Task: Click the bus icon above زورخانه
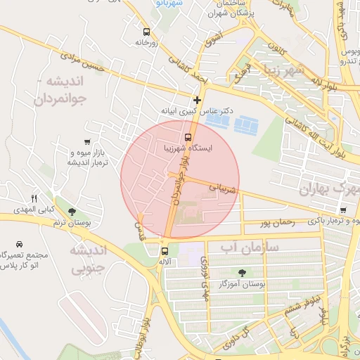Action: pos(146,32)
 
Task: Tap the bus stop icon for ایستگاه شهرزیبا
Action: pos(188,137)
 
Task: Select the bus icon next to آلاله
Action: pos(165,250)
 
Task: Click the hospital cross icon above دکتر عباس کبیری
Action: pos(198,100)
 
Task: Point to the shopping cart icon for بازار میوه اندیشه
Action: pos(86,142)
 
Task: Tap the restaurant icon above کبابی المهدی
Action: pos(33,199)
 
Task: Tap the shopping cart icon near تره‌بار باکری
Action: pos(342,210)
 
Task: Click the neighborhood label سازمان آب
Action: pos(250,247)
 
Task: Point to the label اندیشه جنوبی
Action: pos(89,258)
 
